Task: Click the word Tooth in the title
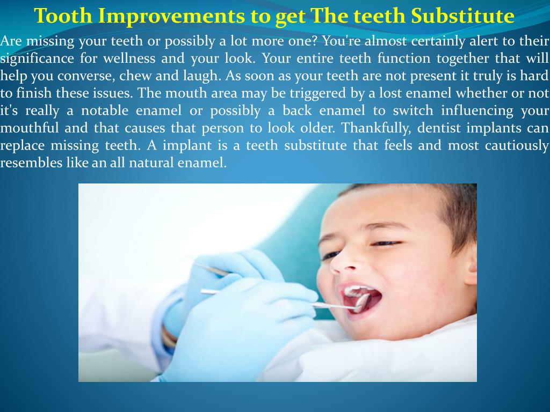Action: (x=63, y=16)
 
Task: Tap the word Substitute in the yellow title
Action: (x=462, y=16)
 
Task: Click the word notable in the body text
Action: (x=105, y=111)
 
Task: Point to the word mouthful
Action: (x=30, y=128)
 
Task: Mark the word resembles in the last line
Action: (x=31, y=163)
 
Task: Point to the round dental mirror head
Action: (x=363, y=301)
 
